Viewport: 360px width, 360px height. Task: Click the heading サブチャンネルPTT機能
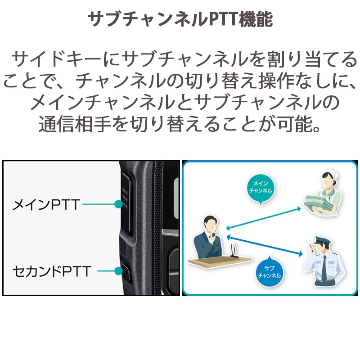(x=180, y=20)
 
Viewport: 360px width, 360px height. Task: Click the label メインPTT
(x=46, y=205)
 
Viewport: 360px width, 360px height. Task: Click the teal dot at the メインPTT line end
(x=118, y=205)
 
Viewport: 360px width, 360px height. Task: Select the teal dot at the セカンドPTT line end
(x=118, y=271)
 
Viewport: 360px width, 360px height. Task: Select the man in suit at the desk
(x=210, y=236)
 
